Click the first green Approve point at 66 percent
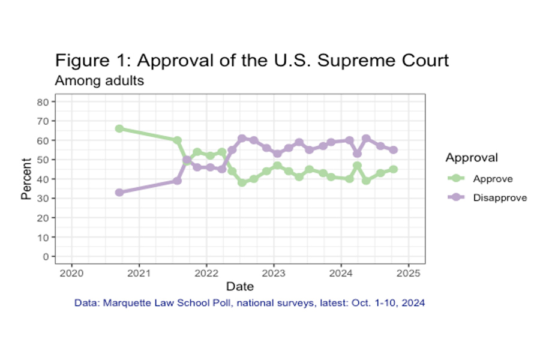(119, 128)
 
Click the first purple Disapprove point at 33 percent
(119, 193)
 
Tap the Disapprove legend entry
(500, 197)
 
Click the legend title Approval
(472, 158)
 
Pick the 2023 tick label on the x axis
(274, 272)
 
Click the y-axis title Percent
(26, 178)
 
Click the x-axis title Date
(239, 286)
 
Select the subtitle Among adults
(99, 80)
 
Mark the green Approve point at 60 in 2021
(178, 140)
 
